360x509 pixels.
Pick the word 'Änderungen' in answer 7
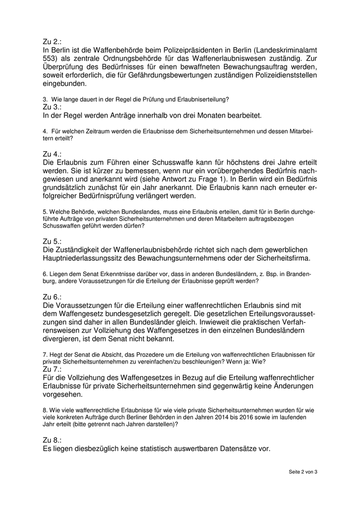coord(290,386)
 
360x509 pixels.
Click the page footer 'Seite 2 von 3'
coord(303,471)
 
